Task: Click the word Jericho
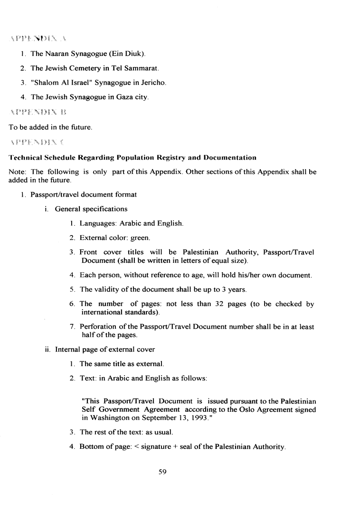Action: (151, 83)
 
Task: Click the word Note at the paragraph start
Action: (18, 172)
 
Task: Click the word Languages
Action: (98, 223)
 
